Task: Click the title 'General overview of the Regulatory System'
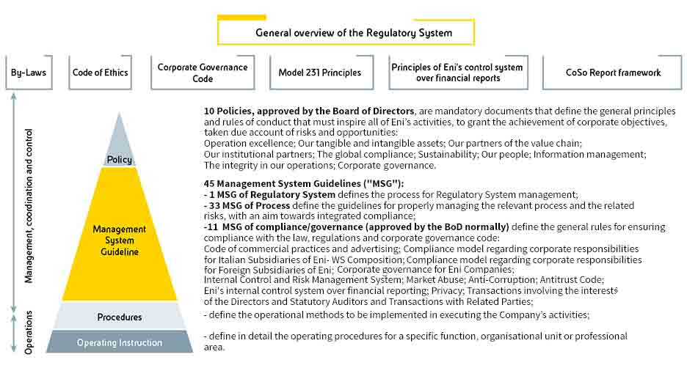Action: [x=353, y=32]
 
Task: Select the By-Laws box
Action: [x=29, y=73]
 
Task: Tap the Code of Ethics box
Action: [x=100, y=73]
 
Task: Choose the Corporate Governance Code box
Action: [x=202, y=73]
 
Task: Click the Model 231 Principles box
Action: [x=319, y=73]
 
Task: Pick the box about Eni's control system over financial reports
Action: [x=457, y=73]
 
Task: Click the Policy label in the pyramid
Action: [x=119, y=159]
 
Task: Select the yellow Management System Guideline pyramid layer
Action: [x=119, y=240]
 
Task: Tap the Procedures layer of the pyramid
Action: [x=119, y=317]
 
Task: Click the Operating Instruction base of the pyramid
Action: [x=119, y=342]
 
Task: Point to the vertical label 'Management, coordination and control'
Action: [x=29, y=206]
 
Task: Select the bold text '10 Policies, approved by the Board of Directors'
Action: [x=309, y=111]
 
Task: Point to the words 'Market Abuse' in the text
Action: [x=434, y=279]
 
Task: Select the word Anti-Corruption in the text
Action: [x=501, y=279]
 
